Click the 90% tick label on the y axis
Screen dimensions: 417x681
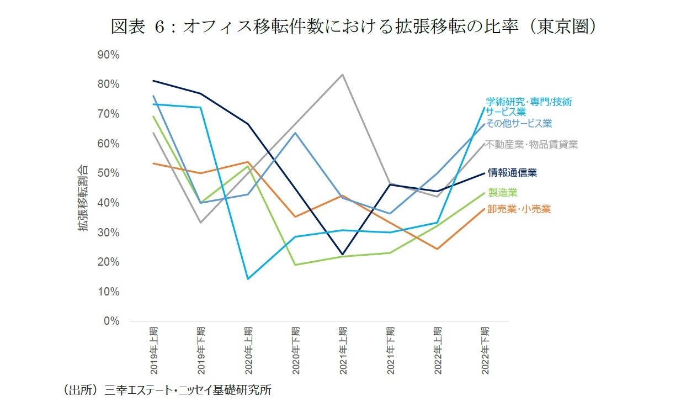[108, 55]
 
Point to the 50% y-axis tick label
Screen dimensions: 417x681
[108, 173]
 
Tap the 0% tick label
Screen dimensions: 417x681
[111, 321]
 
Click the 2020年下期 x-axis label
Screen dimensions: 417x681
[296, 351]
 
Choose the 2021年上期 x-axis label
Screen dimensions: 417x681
[343, 351]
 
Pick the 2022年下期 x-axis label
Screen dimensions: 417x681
[485, 351]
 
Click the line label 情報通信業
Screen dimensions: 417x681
[512, 173]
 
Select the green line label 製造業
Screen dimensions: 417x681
[502, 192]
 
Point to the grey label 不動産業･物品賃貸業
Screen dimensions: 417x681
[531, 145]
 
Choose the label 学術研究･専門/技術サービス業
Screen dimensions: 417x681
[528, 107]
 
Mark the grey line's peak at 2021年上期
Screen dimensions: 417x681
[343, 75]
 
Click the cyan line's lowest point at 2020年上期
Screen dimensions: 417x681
[248, 279]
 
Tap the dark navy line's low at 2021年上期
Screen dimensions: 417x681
[343, 255]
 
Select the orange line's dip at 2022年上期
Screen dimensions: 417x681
[438, 249]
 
